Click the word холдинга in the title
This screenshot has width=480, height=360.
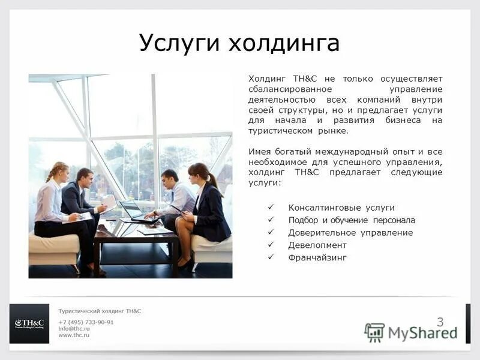(x=281, y=43)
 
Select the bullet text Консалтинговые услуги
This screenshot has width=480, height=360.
(x=341, y=208)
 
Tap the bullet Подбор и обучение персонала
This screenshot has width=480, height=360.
(x=352, y=220)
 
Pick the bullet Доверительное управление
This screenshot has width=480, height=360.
(x=350, y=233)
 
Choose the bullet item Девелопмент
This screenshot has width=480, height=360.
(x=317, y=245)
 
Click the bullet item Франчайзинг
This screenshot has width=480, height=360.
(x=317, y=258)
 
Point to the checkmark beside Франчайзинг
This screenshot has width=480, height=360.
(x=271, y=257)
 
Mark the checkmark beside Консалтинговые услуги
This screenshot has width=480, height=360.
(x=271, y=207)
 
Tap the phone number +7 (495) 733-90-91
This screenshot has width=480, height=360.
(x=86, y=322)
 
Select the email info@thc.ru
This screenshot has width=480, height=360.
(x=74, y=329)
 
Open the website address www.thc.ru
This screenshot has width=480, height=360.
(x=74, y=335)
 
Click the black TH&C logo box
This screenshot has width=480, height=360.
(x=29, y=324)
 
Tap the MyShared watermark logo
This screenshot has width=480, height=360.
(x=411, y=332)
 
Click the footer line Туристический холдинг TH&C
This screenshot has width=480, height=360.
(x=100, y=311)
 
